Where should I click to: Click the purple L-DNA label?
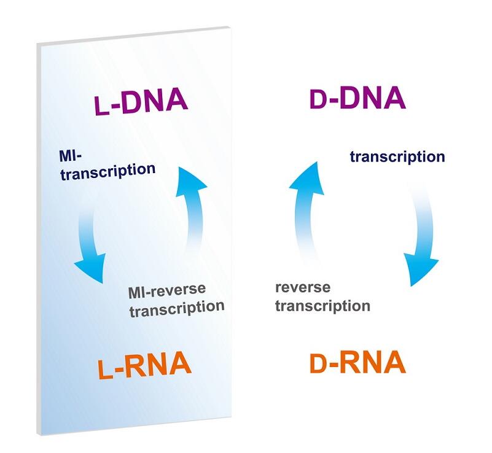coord(141,101)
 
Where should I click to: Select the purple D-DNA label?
coord(357,98)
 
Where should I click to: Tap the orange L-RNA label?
coord(144,365)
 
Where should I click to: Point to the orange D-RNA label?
coord(357,362)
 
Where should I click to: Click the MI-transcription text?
coord(107,166)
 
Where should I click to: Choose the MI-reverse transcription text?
coord(176,300)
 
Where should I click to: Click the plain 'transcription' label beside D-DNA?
coord(397,157)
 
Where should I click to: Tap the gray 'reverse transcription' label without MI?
coord(322,296)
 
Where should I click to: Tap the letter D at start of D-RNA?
coord(319,363)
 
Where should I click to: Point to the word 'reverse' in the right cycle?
coord(303,287)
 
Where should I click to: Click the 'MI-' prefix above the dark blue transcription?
coord(70,156)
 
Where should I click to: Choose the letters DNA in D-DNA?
coord(372,98)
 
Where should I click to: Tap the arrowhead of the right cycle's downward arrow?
coord(420,269)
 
